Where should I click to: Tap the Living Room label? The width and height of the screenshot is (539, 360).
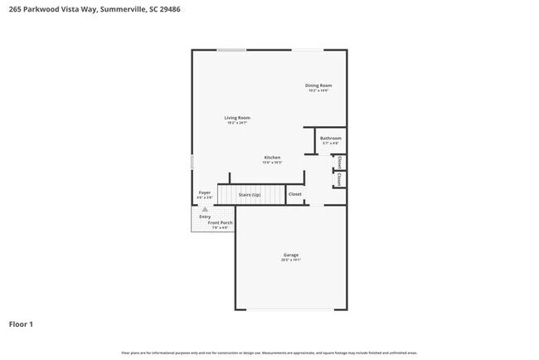pos(237,118)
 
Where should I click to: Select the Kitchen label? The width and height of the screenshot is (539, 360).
pos(272,158)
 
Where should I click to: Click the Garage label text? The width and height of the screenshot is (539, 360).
pos(290,255)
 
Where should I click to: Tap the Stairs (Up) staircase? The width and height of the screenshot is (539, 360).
pos(250,195)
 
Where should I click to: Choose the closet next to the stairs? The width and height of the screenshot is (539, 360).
pos(294,195)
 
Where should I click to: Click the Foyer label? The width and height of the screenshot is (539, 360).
pos(205,192)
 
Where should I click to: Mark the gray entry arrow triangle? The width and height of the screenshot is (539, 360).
pos(205,210)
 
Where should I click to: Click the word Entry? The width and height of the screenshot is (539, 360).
pos(205,216)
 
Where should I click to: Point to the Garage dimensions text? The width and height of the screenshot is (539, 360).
pos(290,260)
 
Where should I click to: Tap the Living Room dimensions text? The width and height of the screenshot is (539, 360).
pos(237,123)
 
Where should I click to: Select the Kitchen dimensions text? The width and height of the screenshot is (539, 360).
pos(272,163)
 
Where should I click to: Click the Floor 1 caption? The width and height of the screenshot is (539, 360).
pos(22,324)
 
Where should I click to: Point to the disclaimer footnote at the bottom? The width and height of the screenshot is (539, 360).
pos(269,353)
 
